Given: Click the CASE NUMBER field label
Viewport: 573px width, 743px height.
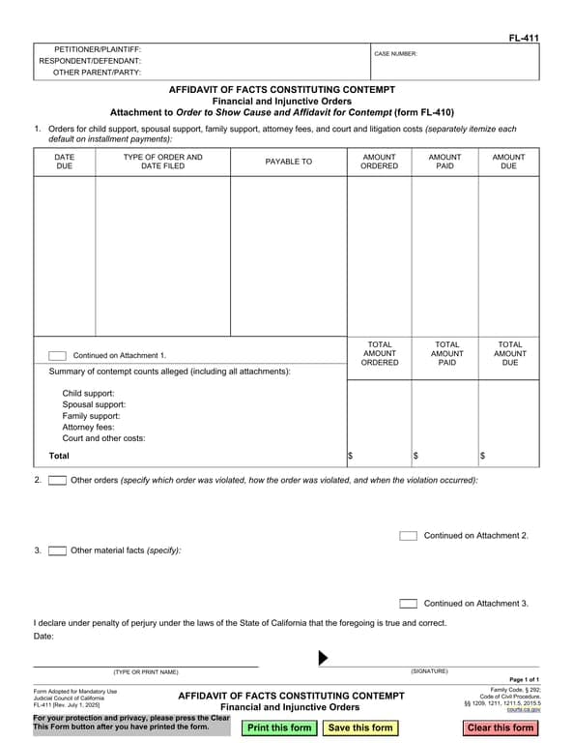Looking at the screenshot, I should (x=395, y=54).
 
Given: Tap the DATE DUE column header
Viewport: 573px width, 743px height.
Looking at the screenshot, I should (x=64, y=162).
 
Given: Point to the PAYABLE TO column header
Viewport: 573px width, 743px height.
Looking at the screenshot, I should (x=289, y=162).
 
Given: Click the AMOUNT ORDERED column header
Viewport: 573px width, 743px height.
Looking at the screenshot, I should (x=379, y=162).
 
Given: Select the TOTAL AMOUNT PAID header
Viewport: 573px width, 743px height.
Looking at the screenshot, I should (x=446, y=353).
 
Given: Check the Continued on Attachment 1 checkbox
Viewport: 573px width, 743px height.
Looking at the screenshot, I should (x=58, y=355).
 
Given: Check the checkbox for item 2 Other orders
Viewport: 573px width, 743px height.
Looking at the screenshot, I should (x=57, y=480).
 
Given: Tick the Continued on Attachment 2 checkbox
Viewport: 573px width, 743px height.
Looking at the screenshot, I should (x=408, y=535).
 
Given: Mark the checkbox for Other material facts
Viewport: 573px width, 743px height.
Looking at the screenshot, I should (x=57, y=550).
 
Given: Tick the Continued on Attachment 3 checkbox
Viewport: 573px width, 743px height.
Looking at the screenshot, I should (x=408, y=603).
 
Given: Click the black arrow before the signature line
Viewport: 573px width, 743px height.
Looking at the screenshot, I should (x=324, y=658).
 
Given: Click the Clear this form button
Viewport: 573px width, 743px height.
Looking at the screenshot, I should (x=500, y=728).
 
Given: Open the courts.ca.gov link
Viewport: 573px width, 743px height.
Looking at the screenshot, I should (x=524, y=709).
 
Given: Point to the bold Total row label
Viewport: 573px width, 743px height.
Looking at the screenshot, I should (x=59, y=455).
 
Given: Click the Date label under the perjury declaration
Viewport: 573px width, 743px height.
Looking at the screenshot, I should (x=44, y=636).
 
